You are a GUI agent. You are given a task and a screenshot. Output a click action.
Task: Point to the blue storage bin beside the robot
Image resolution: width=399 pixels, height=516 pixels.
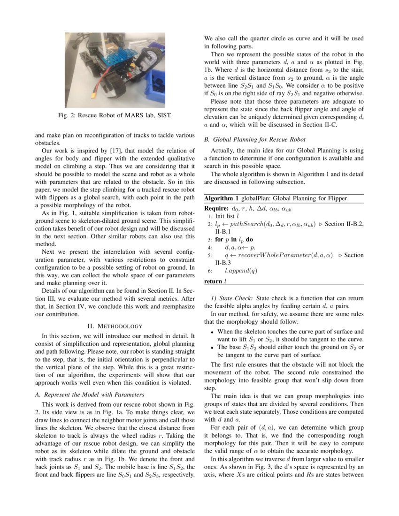[x=154, y=84]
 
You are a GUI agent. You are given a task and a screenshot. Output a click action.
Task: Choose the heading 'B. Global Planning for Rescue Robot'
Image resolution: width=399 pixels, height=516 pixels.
[x=254, y=139]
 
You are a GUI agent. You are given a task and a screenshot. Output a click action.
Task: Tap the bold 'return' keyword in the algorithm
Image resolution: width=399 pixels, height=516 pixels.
[x=213, y=281]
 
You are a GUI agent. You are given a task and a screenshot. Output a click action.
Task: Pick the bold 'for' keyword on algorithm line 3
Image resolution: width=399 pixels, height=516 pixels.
[x=220, y=239]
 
